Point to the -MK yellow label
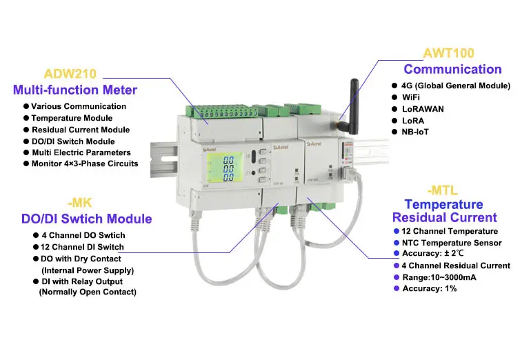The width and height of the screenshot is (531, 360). point(83,203)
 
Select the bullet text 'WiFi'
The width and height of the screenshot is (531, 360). point(414,97)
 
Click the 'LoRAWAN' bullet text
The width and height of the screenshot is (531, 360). point(423,108)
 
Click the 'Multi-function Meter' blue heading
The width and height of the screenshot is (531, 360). point(74,90)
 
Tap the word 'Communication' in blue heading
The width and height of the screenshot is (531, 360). point(452,69)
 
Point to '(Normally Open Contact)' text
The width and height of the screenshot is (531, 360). point(88,292)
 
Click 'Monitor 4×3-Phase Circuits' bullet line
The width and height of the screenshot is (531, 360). point(85,164)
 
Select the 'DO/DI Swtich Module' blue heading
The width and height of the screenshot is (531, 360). point(83,219)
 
